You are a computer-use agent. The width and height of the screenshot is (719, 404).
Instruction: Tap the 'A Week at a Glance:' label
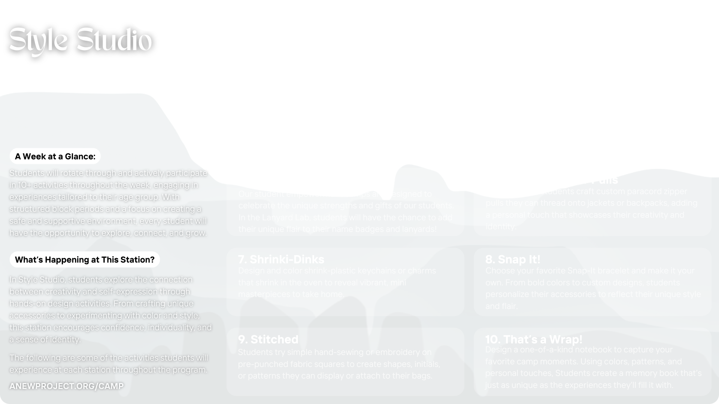55,156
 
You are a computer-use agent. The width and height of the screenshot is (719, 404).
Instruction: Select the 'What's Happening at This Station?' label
85,260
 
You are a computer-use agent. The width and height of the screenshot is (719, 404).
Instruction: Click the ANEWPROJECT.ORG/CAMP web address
66,386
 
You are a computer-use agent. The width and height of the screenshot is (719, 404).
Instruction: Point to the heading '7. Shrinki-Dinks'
281,259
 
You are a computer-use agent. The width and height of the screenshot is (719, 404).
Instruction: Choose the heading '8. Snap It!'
513,259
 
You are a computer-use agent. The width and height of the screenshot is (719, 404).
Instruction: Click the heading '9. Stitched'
268,339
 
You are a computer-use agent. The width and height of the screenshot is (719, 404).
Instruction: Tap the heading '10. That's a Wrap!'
534,339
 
